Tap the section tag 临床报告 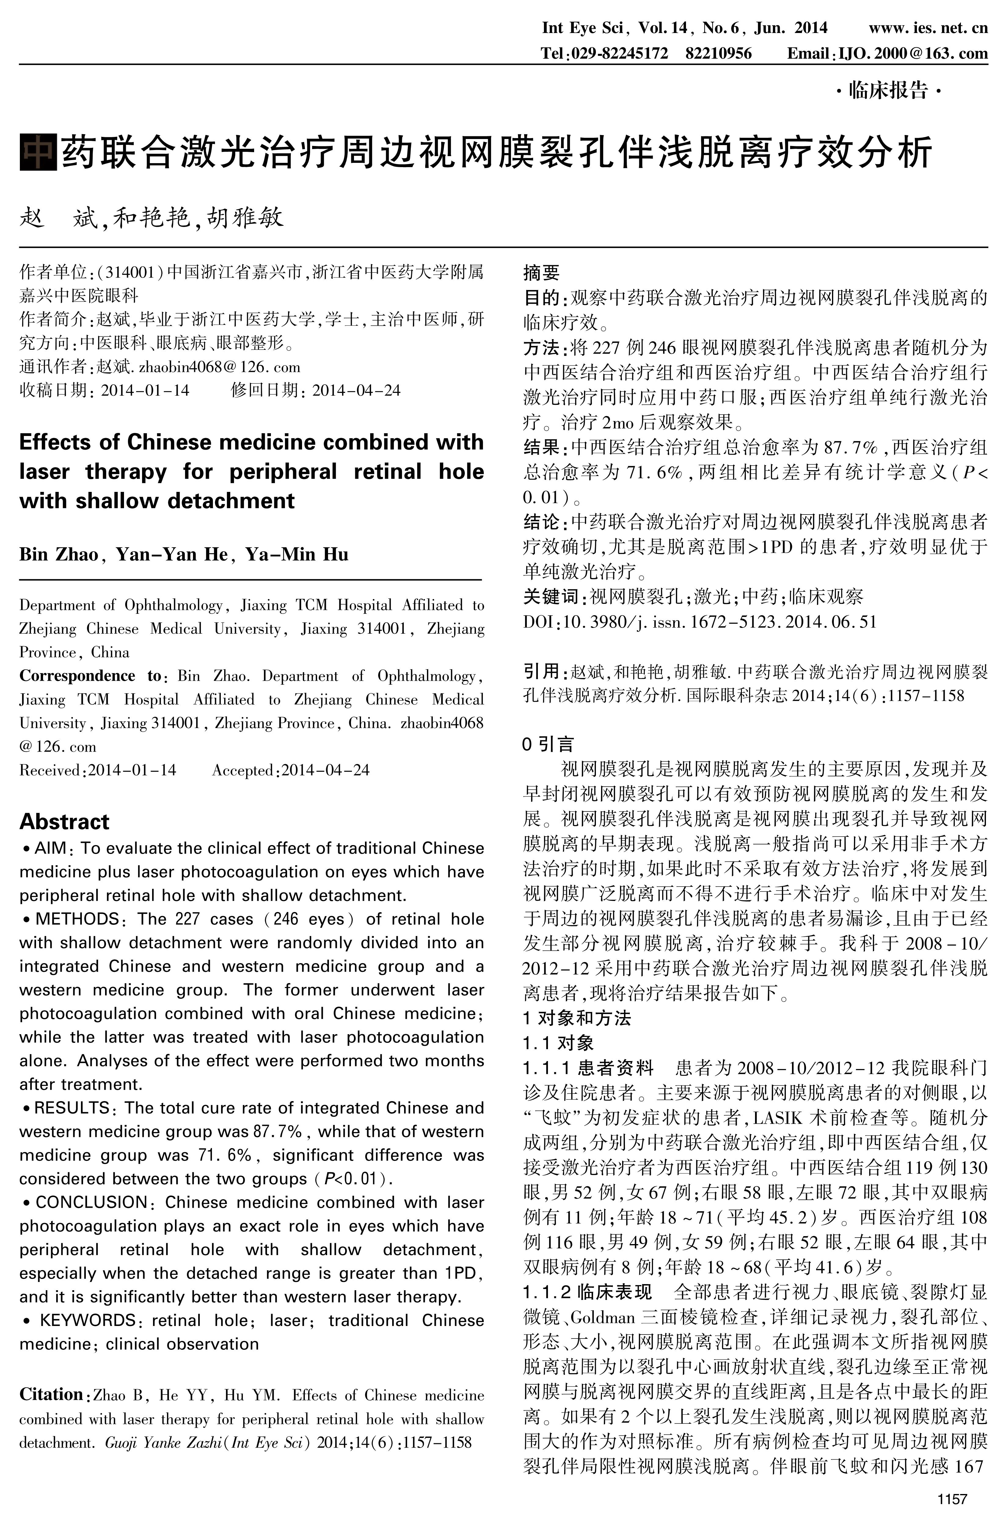pyautogui.click(x=888, y=90)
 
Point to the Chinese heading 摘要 pyautogui.click(x=541, y=273)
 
